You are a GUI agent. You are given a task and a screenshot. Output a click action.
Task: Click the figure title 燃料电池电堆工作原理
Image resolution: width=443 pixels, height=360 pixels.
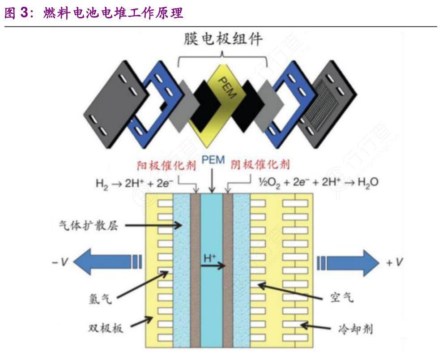[113, 13]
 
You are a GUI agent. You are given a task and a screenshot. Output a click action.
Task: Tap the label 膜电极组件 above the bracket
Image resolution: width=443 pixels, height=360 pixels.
[223, 39]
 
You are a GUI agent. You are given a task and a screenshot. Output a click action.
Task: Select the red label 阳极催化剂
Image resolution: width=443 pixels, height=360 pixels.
[166, 165]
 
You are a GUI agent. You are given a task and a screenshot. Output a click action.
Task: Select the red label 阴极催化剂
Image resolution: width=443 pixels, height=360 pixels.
[260, 164]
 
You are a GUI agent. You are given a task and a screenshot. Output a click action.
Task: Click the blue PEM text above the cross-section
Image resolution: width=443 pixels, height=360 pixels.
[213, 160]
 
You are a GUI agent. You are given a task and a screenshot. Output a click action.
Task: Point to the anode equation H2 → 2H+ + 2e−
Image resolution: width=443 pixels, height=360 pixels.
[135, 184]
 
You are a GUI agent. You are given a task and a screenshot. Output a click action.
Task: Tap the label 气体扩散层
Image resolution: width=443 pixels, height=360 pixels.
[89, 225]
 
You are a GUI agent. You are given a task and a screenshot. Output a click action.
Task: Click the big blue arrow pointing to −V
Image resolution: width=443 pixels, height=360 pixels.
[107, 262]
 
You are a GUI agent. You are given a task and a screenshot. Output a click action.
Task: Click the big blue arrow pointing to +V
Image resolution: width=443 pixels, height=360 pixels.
[348, 263]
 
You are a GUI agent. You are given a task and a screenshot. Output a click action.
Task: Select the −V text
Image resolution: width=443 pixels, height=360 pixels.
[60, 262]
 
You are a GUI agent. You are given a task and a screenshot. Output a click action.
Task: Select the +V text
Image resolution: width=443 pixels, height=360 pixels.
[395, 262]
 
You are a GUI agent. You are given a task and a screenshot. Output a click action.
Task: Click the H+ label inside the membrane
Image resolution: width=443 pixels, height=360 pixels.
[210, 257]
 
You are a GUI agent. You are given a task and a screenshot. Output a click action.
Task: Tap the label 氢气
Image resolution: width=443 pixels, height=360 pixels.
[100, 299]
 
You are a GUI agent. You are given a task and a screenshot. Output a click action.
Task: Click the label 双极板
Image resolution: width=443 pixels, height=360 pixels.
[106, 328]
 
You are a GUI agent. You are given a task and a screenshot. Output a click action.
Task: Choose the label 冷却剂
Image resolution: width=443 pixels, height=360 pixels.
[356, 329]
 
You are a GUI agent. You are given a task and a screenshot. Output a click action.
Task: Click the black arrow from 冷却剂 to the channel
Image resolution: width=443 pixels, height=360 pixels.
[315, 326]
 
